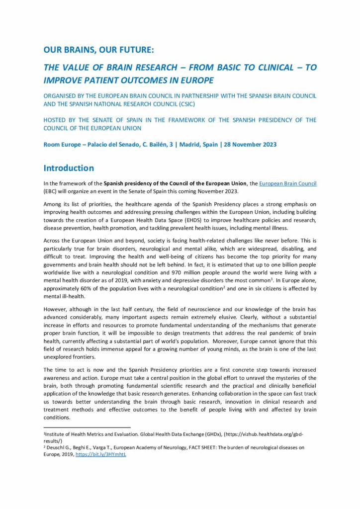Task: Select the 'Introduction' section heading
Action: [68, 168]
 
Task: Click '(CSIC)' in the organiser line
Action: [182, 103]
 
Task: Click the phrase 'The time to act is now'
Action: [75, 370]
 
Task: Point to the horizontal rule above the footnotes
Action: [87, 427]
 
